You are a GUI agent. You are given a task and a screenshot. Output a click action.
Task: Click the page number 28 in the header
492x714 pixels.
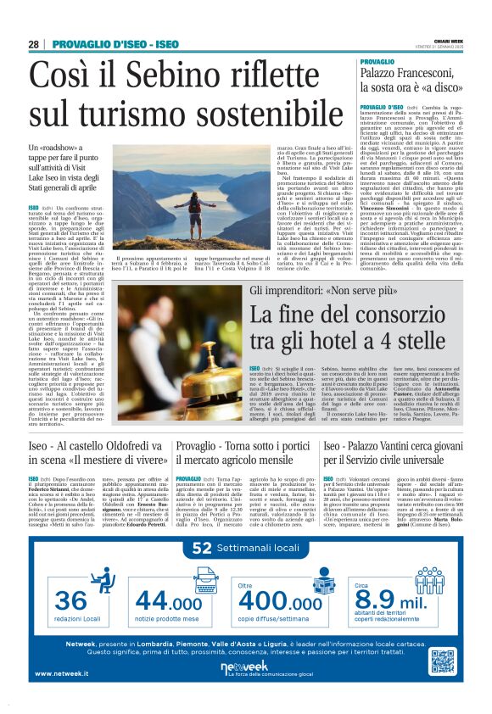[x=33, y=44]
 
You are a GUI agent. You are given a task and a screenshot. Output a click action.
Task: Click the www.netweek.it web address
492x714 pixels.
[x=62, y=675]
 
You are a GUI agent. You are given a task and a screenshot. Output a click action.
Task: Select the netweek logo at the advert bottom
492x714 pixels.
[x=244, y=668]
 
